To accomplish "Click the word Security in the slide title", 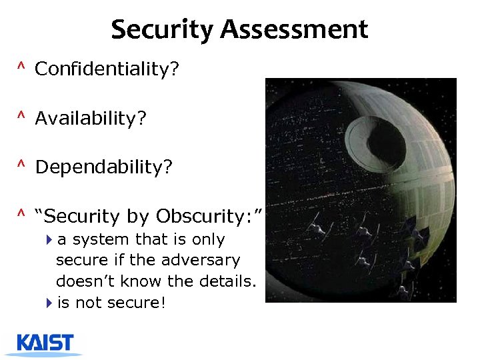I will tap(163, 30).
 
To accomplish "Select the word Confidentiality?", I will tap(107, 69).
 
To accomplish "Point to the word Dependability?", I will tap(103, 167).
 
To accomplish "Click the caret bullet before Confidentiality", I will tap(21, 68).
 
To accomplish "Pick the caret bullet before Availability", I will tap(21, 117).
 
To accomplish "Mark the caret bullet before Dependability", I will tap(21, 166).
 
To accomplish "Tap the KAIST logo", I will tap(45, 344).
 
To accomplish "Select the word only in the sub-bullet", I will tap(208, 239).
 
